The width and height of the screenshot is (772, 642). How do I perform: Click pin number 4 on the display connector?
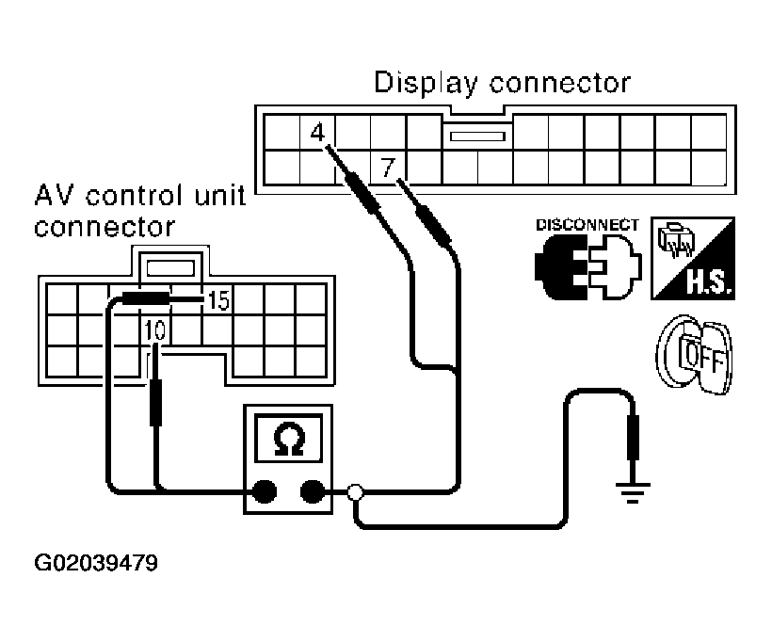click(x=317, y=133)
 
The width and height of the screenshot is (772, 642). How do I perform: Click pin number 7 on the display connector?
click(x=388, y=168)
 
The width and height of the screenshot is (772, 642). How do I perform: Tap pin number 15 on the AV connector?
click(x=218, y=300)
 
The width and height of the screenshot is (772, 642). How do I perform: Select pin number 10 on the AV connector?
click(x=155, y=329)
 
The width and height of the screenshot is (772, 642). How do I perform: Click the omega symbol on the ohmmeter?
click(x=289, y=439)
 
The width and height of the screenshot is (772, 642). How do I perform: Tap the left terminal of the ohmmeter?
click(x=265, y=491)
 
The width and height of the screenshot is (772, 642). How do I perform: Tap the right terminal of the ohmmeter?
click(x=313, y=491)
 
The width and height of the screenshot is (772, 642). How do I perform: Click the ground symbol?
click(x=633, y=493)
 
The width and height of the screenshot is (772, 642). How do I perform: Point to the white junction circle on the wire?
click(x=355, y=491)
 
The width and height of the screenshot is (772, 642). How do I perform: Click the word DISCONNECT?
click(x=587, y=225)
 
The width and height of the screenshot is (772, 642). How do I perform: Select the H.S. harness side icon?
click(x=693, y=258)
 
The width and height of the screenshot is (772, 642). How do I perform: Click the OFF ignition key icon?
click(x=695, y=355)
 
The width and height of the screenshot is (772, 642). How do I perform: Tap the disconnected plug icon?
click(x=588, y=266)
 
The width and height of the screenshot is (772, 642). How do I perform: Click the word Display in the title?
click(x=426, y=83)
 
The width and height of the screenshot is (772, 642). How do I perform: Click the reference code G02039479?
click(x=96, y=563)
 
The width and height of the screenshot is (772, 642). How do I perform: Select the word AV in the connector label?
click(x=54, y=196)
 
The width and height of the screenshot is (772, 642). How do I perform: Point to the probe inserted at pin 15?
click(x=163, y=298)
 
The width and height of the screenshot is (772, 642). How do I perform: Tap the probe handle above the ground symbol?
click(x=633, y=437)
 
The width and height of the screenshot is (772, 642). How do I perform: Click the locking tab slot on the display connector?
click(x=477, y=136)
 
